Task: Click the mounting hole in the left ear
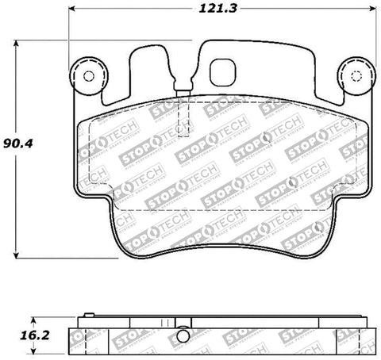pyautogui.click(x=88, y=77)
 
